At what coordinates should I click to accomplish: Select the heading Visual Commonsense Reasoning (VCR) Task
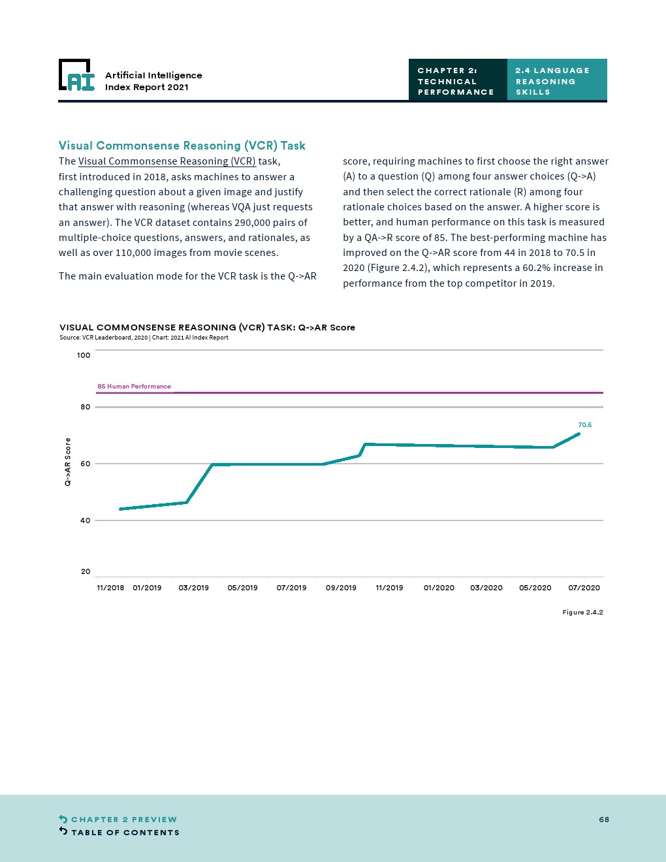[182, 146]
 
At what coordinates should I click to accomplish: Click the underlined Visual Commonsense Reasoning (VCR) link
[166, 161]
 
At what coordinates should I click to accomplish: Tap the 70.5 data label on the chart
[584, 425]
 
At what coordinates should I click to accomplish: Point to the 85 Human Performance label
[134, 387]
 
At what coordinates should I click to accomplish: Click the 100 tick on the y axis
[84, 355]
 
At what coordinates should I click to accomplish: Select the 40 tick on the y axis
[86, 520]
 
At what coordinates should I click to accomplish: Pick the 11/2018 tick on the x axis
[110, 588]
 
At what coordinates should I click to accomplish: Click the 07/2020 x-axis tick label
[584, 588]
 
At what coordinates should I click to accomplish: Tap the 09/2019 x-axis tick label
[341, 588]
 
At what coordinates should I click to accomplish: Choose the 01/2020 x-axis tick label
[439, 588]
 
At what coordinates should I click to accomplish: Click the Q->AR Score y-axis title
[67, 462]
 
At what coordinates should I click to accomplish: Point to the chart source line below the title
[144, 338]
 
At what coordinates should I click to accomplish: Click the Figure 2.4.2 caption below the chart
[582, 613]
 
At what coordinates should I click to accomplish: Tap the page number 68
[604, 820]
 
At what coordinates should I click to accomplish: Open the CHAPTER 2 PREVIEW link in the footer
[123, 820]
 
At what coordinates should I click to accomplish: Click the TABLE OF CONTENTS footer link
[125, 833]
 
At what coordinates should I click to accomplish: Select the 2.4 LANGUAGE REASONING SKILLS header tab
[556, 81]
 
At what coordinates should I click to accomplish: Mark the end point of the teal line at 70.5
[579, 434]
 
